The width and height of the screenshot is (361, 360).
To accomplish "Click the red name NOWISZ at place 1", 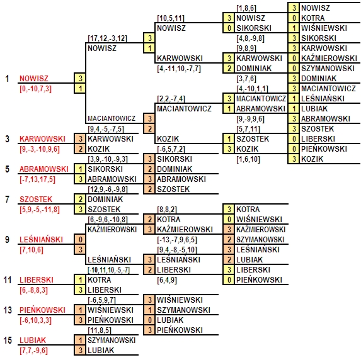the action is click(34, 79).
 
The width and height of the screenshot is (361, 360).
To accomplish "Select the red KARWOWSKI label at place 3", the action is click(42, 139).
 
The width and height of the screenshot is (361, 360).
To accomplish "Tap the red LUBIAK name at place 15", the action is click(33, 340).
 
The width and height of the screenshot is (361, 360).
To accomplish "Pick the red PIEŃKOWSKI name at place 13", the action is click(42, 310).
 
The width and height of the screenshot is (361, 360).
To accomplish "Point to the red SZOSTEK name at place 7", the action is click(36, 200).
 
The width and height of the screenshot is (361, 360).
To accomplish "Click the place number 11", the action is click(8, 280).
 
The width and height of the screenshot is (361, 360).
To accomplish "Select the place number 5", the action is click(8, 169).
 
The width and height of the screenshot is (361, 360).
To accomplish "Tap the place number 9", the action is click(8, 240).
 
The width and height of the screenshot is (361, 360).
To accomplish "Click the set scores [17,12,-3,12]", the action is click(107, 38).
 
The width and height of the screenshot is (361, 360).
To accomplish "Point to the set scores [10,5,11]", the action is click(171, 18).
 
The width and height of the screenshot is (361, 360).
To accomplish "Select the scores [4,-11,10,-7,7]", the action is click(179, 69).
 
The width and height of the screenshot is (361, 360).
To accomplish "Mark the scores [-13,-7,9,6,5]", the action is click(177, 240).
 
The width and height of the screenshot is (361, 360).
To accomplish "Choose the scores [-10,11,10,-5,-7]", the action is click(108, 270).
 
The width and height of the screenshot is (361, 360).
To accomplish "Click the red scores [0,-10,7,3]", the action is click(35, 89).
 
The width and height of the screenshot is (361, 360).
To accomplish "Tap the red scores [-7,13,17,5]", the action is click(37, 179).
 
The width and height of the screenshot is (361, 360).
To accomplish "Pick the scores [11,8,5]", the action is click(100, 330).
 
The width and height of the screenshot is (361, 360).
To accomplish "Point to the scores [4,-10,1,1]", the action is click(253, 89).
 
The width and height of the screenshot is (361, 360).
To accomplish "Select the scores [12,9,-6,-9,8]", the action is click(108, 189).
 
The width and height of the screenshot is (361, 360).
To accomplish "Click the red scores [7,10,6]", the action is click(32, 250).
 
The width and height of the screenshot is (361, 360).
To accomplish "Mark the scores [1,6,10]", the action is click(248, 159).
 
